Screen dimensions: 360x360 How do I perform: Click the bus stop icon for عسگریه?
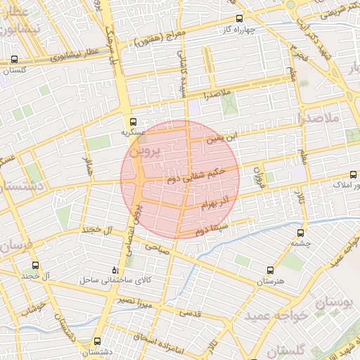pyautogui.click(x=133, y=122)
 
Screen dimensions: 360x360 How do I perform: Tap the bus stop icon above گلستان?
pyautogui.click(x=15, y=60)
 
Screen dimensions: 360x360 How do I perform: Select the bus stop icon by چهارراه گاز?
pyautogui.click(x=239, y=19)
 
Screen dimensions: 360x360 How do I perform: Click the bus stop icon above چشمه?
pyautogui.click(x=301, y=233)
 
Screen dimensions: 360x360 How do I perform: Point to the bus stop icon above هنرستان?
pyautogui.click(x=270, y=271)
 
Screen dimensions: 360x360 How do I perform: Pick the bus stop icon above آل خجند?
pyautogui.click(x=35, y=266)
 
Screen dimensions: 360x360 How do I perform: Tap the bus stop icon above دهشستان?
pyautogui.click(x=97, y=340)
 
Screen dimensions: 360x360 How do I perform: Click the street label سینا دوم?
pyautogui.click(x=213, y=229)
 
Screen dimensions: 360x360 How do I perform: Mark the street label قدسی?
pyautogui.click(x=191, y=313)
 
